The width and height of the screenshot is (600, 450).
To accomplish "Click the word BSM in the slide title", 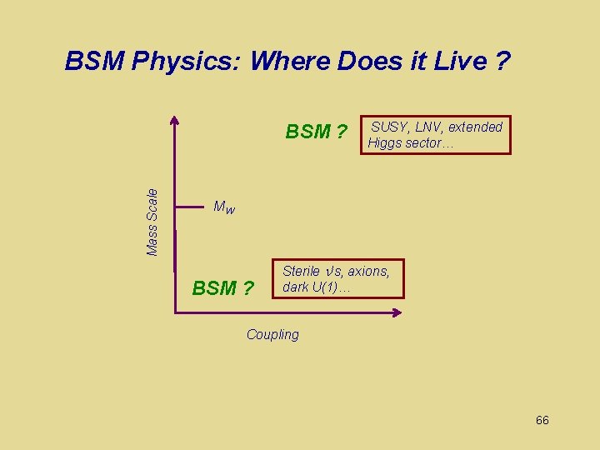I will pos(95,62).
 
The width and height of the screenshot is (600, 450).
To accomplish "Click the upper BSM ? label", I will pos(316,132).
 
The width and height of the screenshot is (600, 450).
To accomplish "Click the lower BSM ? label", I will pos(222,288).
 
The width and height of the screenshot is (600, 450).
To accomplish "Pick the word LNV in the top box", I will pos(427,127).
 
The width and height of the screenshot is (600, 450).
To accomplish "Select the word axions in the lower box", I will pos(368,272).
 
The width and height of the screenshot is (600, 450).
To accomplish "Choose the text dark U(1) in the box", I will pos(316,287).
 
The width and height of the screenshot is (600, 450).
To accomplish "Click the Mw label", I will pos(224,207).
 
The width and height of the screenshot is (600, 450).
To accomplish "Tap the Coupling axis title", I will pos(272,335).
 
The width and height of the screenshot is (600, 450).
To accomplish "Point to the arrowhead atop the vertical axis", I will pos(175,120).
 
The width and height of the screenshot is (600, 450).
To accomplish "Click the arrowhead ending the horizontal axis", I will pos(397,312).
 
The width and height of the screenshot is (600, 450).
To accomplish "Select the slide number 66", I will pos(542,420).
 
